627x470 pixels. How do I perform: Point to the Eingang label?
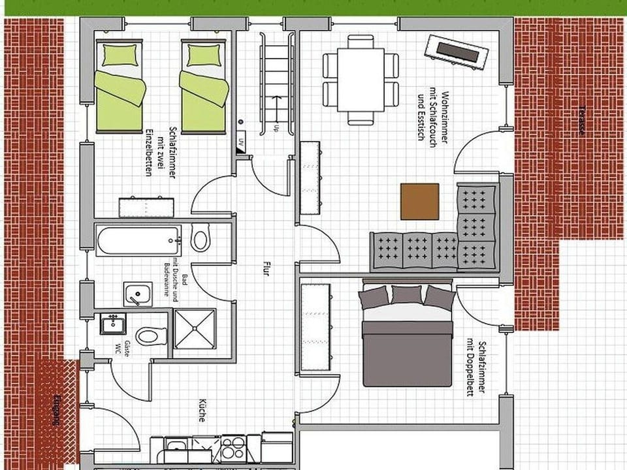pos(57,411)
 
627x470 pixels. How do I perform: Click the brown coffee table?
pos(419,201)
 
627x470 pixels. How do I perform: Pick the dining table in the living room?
pos(360,78)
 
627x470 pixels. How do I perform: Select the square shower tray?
pos(195,329)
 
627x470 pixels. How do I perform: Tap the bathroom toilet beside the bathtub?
pos(201,238)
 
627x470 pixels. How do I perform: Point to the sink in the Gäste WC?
pos(112,323)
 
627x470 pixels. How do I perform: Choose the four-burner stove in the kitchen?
pos(233,448)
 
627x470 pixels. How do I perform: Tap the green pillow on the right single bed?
pos(203,55)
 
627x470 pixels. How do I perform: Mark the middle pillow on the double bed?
pos(407,294)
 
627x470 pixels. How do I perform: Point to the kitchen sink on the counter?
pos(175,447)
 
